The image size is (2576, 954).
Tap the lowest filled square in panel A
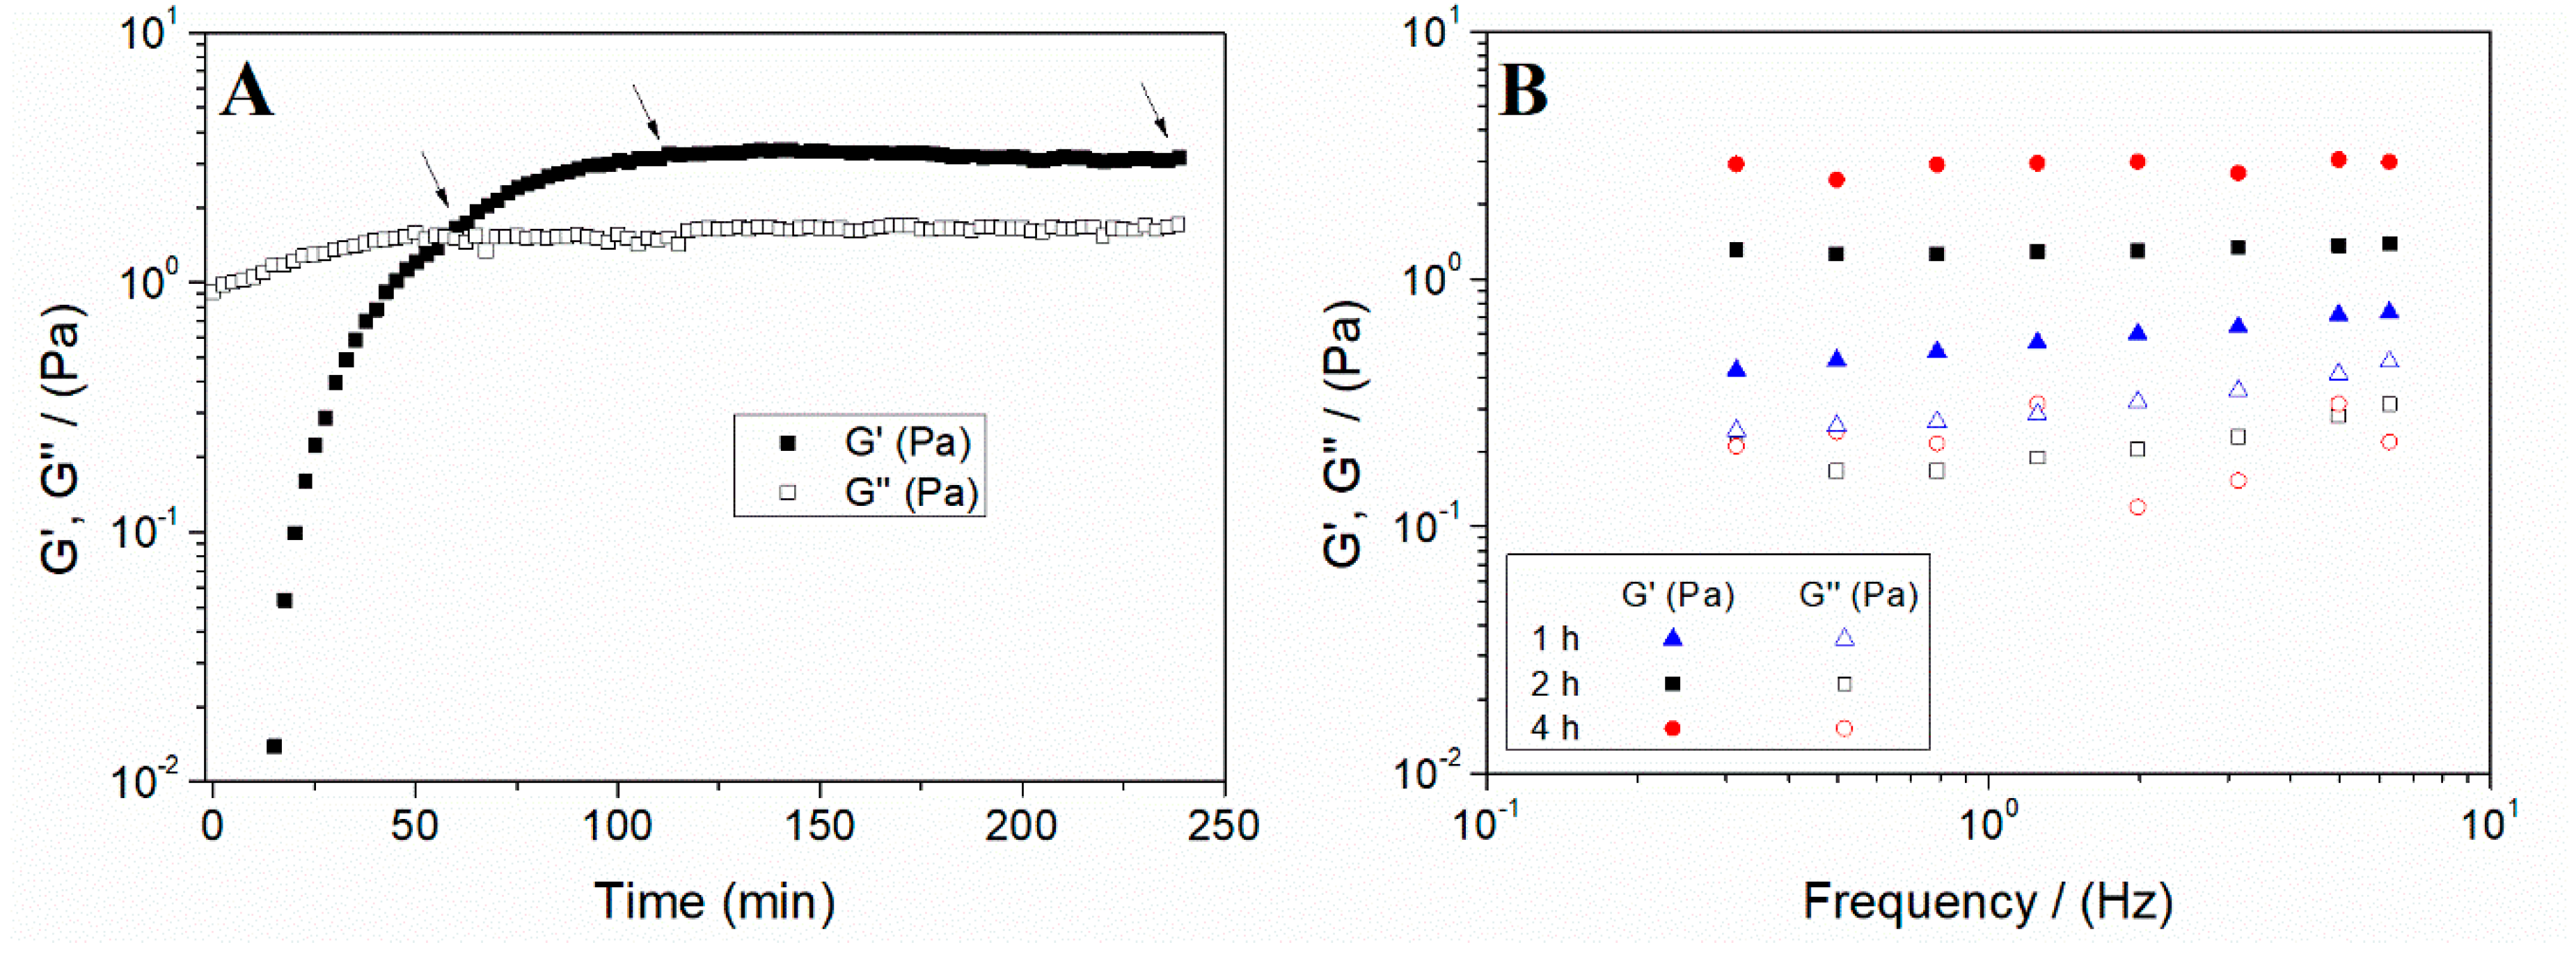click(274, 746)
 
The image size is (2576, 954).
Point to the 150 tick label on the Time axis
click(819, 827)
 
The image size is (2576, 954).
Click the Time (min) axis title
click(714, 901)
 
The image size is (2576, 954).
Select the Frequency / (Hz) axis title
click(1987, 901)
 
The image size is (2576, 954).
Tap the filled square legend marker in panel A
click(788, 442)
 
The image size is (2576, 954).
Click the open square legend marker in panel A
click(788, 492)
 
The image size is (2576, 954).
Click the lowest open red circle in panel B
click(2137, 507)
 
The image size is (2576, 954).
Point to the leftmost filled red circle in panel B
click(1736, 164)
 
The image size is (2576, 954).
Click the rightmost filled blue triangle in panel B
click(2389, 311)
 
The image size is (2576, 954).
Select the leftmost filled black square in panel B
click(1736, 250)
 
